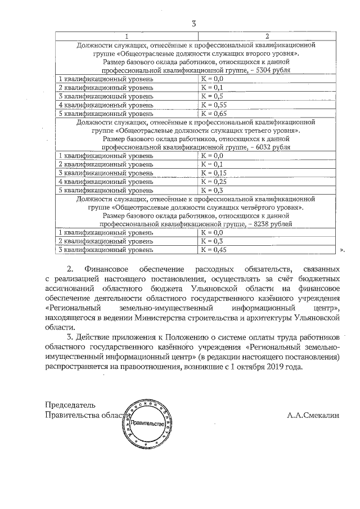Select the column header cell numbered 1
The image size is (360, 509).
(x=127, y=35)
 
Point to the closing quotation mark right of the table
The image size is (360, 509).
(x=342, y=248)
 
